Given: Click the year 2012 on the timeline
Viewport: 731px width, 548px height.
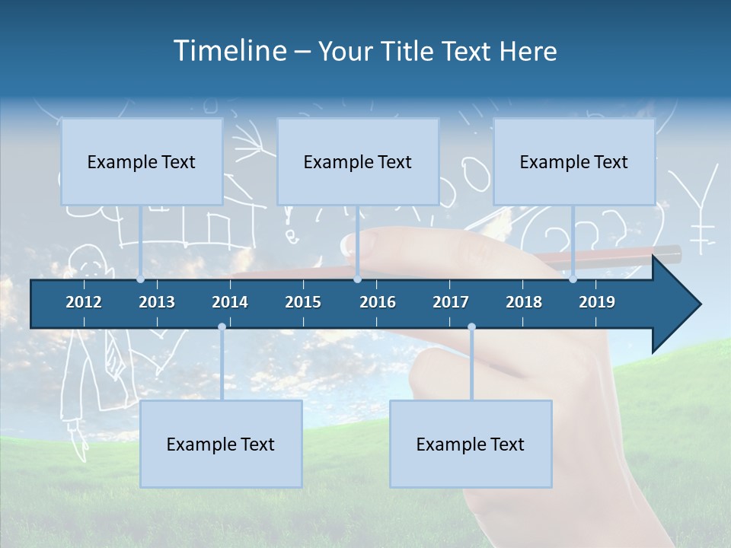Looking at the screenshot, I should [84, 302].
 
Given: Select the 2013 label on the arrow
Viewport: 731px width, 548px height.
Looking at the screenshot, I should [157, 302].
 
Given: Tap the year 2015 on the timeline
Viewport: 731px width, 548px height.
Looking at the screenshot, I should [303, 302].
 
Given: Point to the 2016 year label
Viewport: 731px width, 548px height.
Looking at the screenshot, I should [378, 302].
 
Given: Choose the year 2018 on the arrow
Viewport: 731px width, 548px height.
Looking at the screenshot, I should [524, 302].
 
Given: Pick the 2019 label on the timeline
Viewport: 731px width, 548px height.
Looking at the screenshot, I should [597, 302].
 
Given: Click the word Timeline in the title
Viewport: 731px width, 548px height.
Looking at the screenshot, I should [229, 51].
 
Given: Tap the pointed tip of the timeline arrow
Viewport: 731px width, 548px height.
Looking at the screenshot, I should [699, 304].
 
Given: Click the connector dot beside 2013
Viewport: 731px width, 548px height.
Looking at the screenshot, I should [141, 279].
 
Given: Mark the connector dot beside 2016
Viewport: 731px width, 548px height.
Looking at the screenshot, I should [357, 279].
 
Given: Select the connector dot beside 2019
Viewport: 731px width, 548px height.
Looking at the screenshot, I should [573, 279].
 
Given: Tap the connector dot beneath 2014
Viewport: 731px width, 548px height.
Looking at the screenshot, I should [222, 327].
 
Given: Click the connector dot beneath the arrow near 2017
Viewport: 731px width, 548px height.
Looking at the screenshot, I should [471, 327].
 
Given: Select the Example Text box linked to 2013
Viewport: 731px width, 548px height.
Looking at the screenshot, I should [142, 162].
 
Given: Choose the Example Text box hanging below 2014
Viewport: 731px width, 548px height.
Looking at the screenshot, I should [221, 444].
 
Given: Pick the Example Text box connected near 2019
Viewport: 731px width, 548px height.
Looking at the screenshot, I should [574, 162].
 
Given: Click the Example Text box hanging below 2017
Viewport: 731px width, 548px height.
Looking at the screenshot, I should [471, 444].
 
